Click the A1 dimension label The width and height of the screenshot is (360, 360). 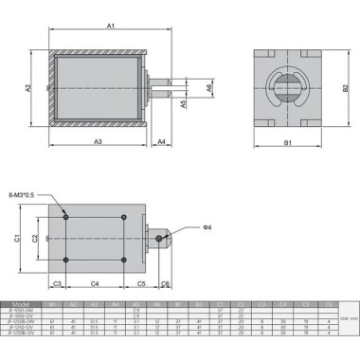110,26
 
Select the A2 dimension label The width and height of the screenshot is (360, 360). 29,87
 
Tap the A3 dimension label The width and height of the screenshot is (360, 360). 98,141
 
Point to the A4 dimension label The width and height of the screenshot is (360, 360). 162,141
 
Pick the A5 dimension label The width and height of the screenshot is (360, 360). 184,105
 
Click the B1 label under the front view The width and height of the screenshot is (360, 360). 287,142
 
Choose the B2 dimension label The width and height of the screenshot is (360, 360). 346,87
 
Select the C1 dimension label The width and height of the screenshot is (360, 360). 18,239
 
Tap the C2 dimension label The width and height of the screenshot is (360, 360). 36,239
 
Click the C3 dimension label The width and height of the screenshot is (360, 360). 56,283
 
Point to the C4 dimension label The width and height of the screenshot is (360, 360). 95,283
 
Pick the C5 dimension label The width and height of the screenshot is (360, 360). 140,283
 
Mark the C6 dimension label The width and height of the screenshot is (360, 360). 165,283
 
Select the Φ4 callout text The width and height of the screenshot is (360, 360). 207,227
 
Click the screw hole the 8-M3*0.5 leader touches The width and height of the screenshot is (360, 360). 65,217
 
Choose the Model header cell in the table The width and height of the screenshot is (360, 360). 22,304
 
